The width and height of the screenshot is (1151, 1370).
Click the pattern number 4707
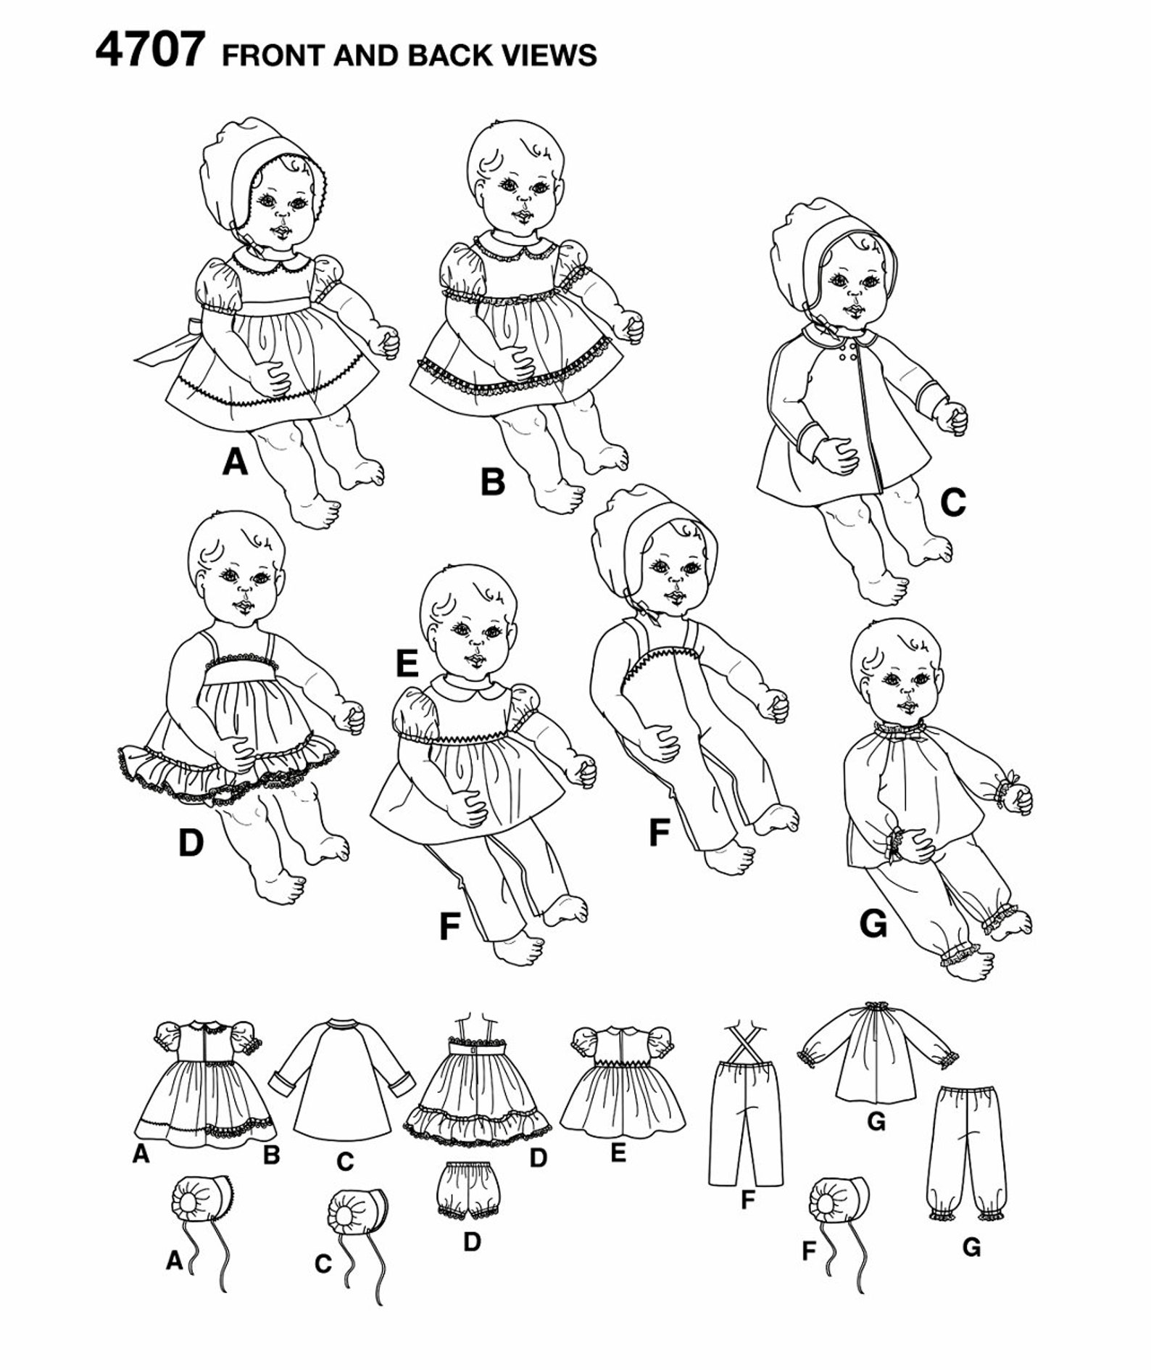[150, 50]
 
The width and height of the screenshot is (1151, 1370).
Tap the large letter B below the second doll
[493, 482]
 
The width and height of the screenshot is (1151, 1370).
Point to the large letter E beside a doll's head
[407, 663]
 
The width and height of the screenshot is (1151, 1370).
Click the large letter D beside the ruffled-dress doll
[191, 843]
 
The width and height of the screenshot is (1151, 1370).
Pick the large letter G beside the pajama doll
[873, 924]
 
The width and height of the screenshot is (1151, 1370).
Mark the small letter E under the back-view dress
[618, 1152]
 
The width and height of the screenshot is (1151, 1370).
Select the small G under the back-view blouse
[876, 1123]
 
